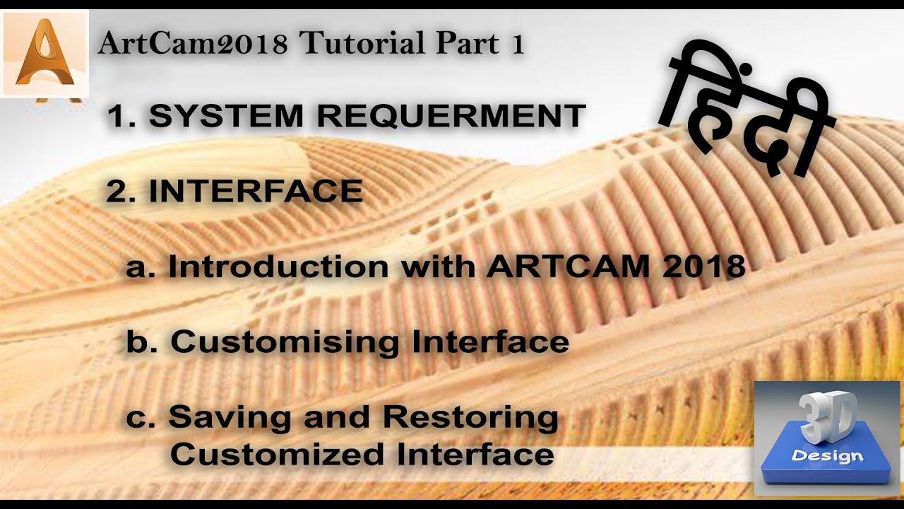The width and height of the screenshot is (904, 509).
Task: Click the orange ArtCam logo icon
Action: pos(44,54)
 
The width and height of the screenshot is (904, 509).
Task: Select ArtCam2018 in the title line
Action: pos(193,44)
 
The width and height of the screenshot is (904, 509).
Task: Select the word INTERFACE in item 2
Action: pos(256,192)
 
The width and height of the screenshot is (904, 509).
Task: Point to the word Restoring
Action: pos(471,417)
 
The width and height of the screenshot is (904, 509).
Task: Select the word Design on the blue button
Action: pos(828,455)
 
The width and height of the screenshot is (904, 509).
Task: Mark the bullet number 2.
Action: pos(117,192)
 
